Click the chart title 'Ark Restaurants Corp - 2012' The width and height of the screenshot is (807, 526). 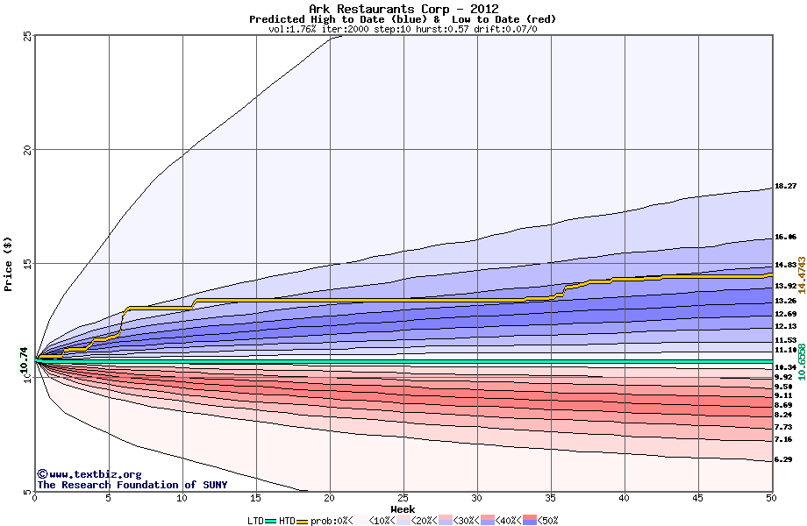tap(403, 9)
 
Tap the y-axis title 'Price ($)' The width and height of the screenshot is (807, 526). tap(8, 264)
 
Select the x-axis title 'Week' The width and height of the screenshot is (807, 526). tap(403, 508)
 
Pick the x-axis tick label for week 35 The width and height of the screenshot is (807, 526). tap(550, 498)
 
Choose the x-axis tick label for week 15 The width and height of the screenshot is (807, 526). tap(255, 498)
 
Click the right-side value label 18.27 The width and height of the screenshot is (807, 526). tap(785, 187)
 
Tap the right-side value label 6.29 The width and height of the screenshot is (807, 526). tap(783, 459)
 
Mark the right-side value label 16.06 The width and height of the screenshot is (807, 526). tap(785, 237)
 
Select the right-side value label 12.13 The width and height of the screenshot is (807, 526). tap(785, 326)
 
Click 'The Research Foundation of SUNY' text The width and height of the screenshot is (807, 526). tap(132, 485)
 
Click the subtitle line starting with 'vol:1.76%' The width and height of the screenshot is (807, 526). tap(403, 29)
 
